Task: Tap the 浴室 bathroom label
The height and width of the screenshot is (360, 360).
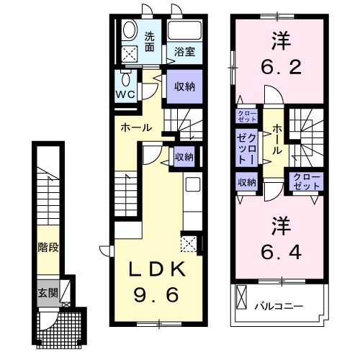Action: click(185, 51)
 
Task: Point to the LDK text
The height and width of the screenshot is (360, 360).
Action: click(158, 271)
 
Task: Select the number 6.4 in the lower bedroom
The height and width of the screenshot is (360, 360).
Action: click(280, 252)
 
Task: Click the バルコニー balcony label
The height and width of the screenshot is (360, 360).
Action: click(277, 305)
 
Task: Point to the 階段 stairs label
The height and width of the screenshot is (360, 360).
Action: click(48, 247)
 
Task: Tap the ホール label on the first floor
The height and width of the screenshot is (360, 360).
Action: click(136, 127)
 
